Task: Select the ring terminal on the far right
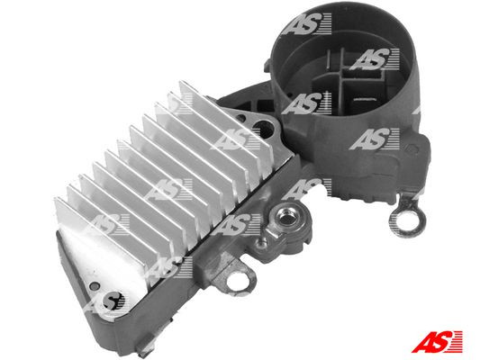point(398,215)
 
